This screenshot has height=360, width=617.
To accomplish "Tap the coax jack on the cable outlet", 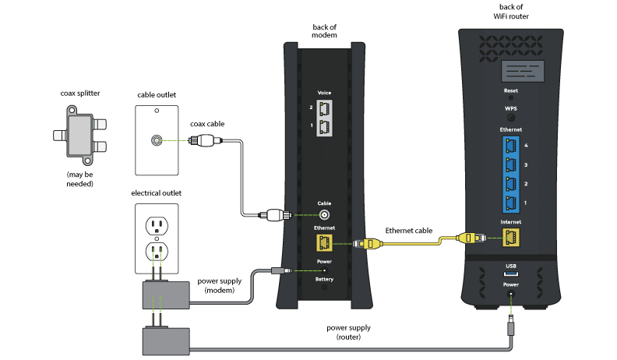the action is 157,141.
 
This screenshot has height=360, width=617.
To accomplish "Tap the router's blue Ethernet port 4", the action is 511,146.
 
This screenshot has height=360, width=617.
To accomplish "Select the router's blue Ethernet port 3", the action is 511,165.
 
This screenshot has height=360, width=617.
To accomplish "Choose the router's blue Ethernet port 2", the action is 511,185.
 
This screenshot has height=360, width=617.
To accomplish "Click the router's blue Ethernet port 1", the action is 511,203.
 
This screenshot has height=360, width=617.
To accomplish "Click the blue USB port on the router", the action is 511,274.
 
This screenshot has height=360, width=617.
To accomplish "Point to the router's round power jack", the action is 511,295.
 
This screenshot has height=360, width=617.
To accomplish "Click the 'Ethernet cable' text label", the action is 409,231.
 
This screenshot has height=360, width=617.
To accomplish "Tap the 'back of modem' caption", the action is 325,31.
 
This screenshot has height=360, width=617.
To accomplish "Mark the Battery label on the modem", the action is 325,278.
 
